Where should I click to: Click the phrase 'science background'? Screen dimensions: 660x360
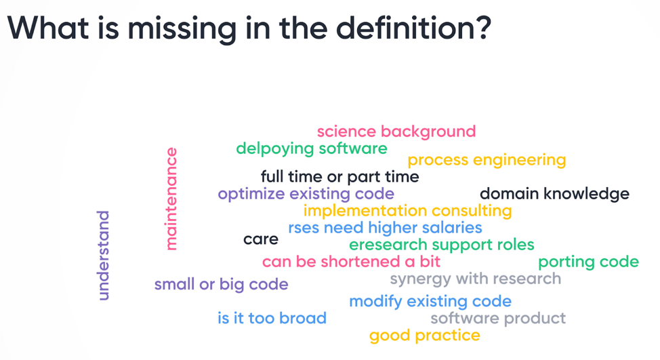pos(396,132)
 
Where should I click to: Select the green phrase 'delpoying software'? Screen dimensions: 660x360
pos(312,148)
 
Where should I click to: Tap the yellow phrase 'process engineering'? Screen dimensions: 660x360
pos(487,161)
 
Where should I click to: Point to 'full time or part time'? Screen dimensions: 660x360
pos(339,177)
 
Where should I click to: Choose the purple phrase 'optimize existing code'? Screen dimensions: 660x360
pos(306,194)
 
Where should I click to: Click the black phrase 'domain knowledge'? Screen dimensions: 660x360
pos(555,194)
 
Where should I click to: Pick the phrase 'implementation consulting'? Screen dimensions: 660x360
pos(407,211)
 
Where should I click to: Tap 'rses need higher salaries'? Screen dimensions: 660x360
pos(385,228)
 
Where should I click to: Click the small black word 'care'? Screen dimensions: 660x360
pos(261,239)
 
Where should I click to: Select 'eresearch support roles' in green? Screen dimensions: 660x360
pos(442,245)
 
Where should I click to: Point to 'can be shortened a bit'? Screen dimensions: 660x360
pos(351,262)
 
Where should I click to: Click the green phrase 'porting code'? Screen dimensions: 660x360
pos(588,262)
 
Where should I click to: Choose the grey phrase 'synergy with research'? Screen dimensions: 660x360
pos(475,279)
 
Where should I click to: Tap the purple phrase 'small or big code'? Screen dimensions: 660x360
pos(221,285)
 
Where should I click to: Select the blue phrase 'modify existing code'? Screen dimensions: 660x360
pos(430,302)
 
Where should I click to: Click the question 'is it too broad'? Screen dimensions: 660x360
pos(272,318)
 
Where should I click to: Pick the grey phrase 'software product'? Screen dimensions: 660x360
pos(498,319)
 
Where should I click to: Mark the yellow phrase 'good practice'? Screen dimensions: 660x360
pos(425,336)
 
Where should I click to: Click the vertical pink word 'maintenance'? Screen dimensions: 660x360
pos(171,199)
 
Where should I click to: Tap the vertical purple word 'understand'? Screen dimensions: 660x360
pos(103,256)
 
